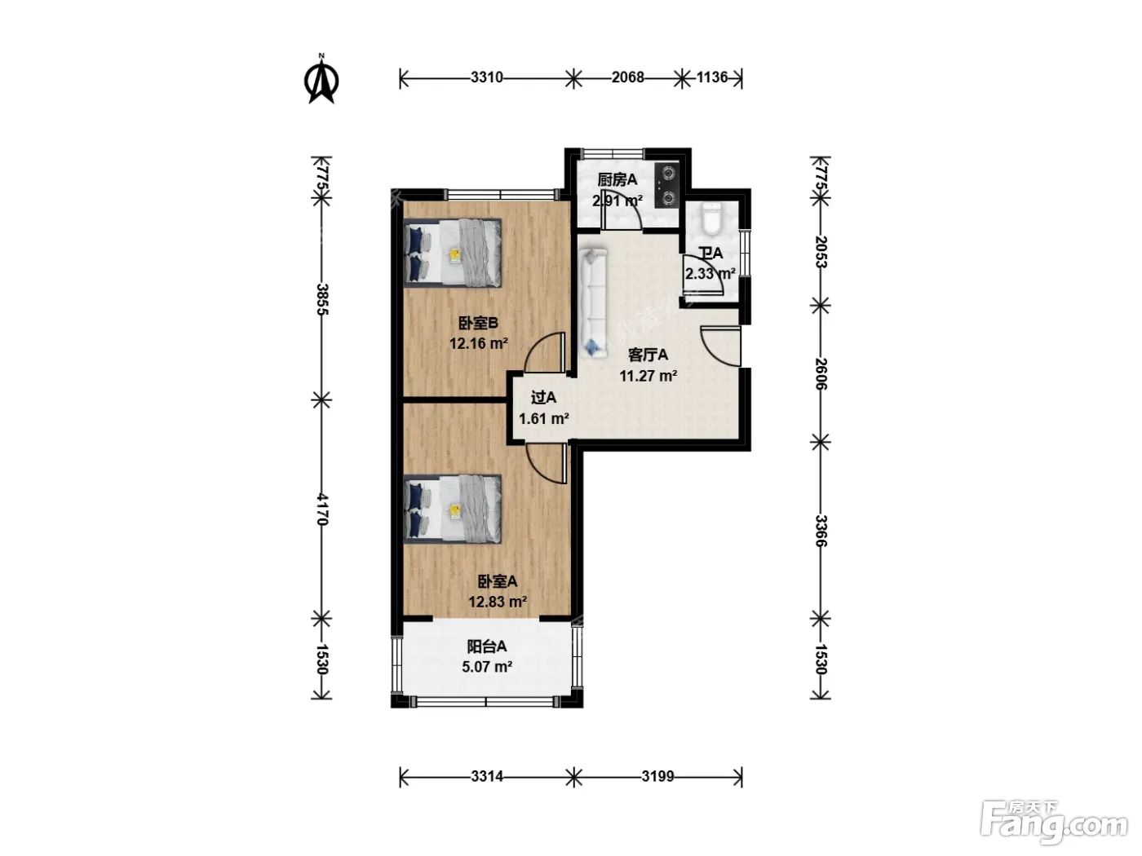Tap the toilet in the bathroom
point(710,218)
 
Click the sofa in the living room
point(593,302)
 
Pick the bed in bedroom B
point(453,253)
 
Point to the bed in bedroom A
point(453,509)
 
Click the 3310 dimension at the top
point(487,77)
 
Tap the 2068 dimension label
point(628,77)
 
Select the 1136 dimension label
point(712,77)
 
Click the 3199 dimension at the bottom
point(657,776)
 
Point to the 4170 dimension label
point(322,510)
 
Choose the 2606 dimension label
point(821,373)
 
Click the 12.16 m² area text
point(479,343)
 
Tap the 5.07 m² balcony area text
point(487,666)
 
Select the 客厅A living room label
point(648,355)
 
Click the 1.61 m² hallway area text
point(544,418)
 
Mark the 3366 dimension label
point(821,531)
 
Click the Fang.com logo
point(1053,823)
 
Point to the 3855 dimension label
point(322,299)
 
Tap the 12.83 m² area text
point(498,602)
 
